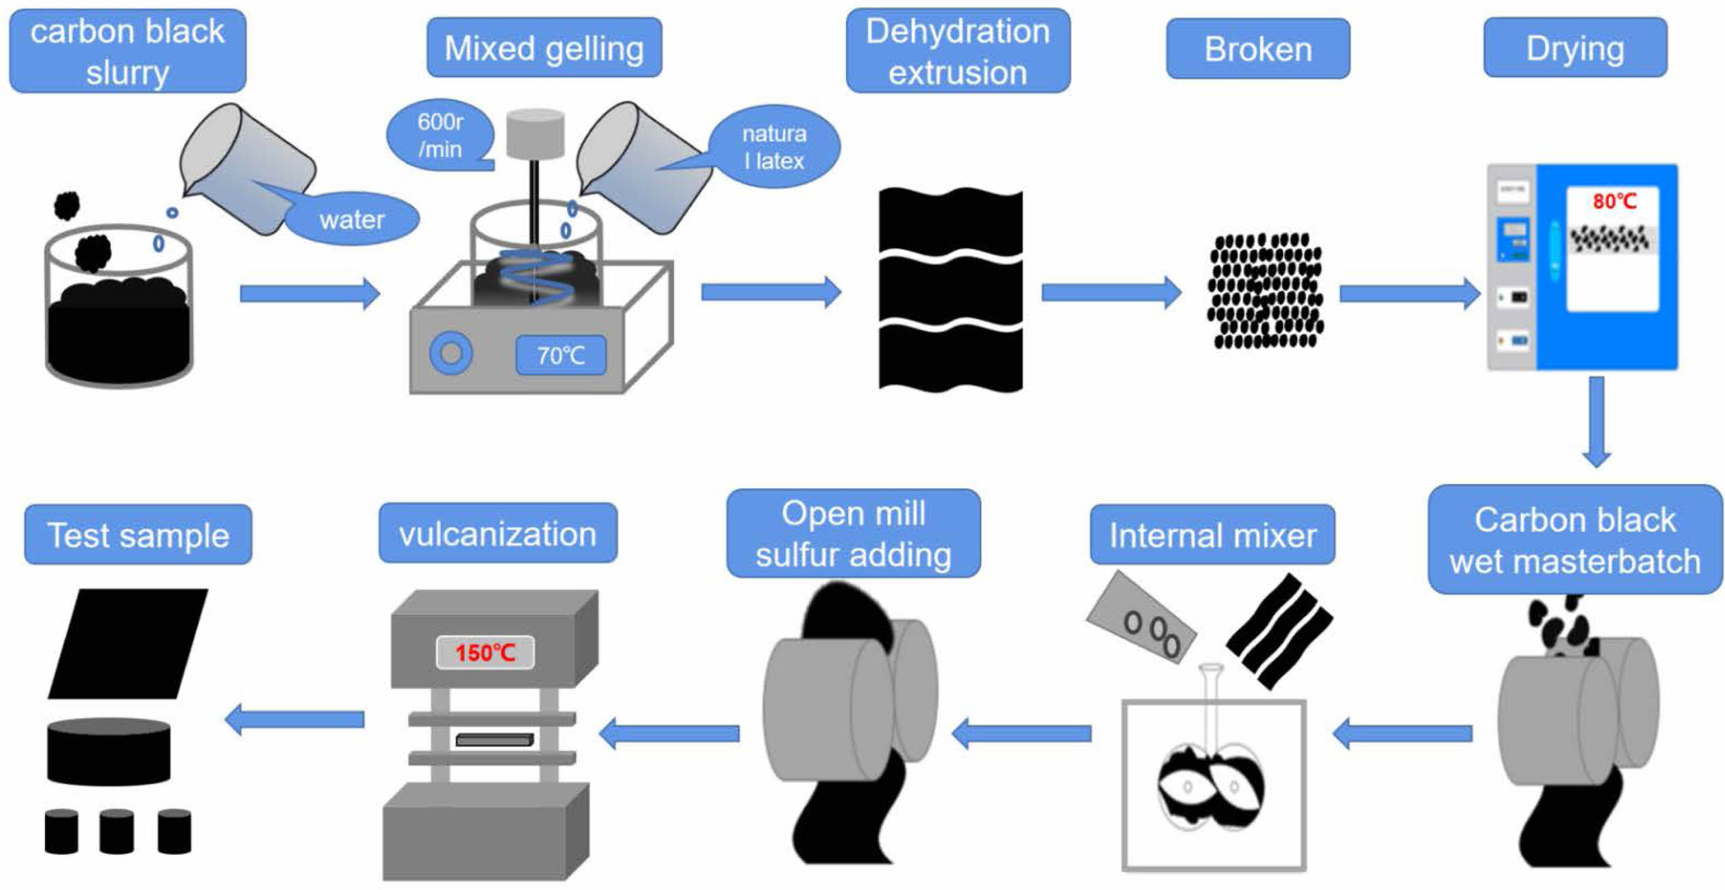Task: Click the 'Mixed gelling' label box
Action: click(544, 48)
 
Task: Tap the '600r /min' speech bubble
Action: click(440, 136)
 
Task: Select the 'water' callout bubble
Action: click(352, 219)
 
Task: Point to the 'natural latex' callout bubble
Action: click(774, 147)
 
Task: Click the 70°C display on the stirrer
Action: click(561, 355)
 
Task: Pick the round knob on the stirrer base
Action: click(450, 353)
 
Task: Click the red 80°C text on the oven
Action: click(1614, 201)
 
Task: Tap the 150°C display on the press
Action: click(485, 652)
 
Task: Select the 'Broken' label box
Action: click(1258, 49)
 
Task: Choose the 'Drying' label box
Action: click(1575, 48)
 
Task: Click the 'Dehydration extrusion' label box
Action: click(958, 51)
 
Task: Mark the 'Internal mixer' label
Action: click(1212, 535)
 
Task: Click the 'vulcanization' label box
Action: click(498, 533)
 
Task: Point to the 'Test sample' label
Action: click(138, 535)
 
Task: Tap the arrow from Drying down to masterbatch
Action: click(1596, 421)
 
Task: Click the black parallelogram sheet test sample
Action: click(128, 644)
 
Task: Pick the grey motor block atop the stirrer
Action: click(535, 133)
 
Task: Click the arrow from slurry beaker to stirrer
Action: click(309, 294)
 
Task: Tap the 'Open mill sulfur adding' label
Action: click(853, 533)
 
